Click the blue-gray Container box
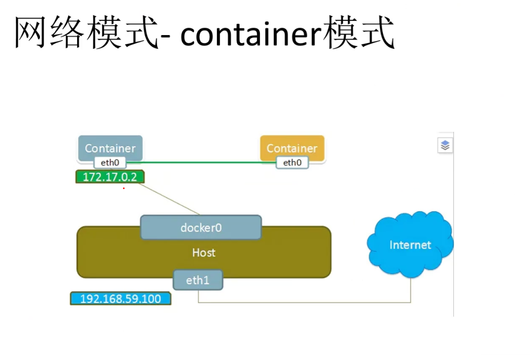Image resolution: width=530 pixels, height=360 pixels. click(x=110, y=148)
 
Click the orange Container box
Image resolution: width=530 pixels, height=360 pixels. click(x=292, y=147)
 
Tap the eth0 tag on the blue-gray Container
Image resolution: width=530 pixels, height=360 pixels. click(x=110, y=162)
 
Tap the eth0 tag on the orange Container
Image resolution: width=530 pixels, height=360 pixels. click(x=292, y=162)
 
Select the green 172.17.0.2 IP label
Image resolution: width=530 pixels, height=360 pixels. click(x=110, y=177)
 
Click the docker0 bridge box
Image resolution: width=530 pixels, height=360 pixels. click(x=201, y=227)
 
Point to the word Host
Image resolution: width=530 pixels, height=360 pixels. click(x=204, y=252)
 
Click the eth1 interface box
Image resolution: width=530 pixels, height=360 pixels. click(x=198, y=280)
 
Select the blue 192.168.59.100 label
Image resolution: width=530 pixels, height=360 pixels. click(x=121, y=299)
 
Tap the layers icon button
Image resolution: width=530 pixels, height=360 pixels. click(x=445, y=145)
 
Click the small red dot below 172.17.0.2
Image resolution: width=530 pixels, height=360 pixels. click(x=123, y=188)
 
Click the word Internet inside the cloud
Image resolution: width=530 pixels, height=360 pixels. click(x=410, y=245)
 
